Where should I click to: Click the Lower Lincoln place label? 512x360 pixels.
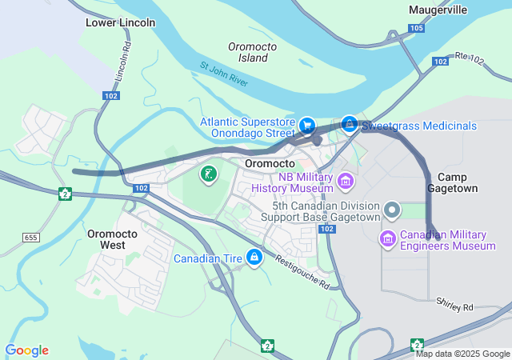click(x=120, y=22)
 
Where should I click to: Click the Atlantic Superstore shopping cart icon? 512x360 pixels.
click(x=306, y=125)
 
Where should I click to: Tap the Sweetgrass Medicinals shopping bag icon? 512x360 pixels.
click(x=349, y=124)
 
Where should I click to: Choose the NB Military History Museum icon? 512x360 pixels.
click(x=345, y=181)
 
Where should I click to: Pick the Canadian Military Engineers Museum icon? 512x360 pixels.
click(x=387, y=238)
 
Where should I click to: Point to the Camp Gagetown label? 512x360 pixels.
click(x=457, y=182)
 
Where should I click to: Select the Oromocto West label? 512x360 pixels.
click(x=113, y=239)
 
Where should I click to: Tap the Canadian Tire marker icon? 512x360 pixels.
click(x=254, y=257)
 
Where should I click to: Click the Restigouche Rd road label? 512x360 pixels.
click(x=302, y=272)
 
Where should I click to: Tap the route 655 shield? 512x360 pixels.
click(x=31, y=238)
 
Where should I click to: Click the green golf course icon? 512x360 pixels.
click(x=208, y=174)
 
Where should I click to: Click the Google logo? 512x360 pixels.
click(x=26, y=350)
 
